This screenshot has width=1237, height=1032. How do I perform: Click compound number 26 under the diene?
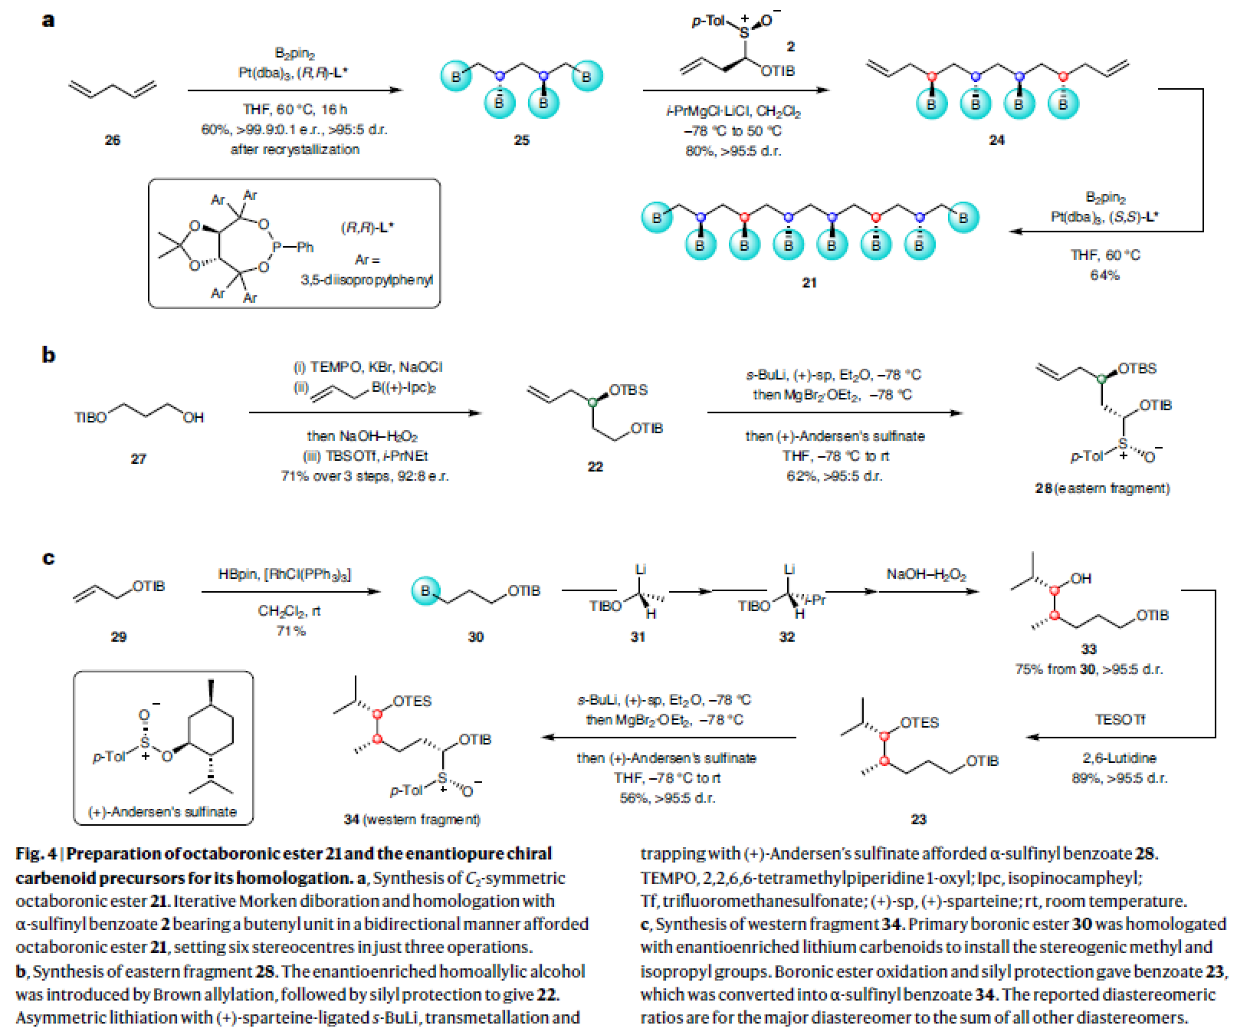point(113,140)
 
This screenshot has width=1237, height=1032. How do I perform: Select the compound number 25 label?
point(522,140)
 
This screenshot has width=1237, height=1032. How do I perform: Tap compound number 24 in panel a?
point(996,140)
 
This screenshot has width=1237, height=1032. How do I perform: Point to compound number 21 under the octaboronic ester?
point(809,283)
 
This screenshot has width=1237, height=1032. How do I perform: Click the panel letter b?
point(48,355)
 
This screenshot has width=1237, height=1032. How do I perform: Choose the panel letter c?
point(48,557)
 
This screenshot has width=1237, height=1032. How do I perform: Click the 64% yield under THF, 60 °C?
point(1104,275)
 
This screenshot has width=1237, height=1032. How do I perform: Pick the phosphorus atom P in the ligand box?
point(278,247)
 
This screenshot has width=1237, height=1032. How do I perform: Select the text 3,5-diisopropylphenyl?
point(367,281)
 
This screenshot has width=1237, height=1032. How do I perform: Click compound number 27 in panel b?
point(138,459)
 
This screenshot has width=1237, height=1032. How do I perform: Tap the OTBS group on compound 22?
point(628,390)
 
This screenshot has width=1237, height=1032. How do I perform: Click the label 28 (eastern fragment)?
point(1102,488)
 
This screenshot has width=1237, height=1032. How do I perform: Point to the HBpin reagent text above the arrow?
point(237,574)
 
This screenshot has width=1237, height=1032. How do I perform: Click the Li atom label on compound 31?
point(641,569)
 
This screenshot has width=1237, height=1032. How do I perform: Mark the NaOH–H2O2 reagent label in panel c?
point(926,574)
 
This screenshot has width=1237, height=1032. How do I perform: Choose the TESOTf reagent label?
point(1120,720)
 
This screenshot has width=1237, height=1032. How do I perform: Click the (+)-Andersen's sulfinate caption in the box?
point(162,811)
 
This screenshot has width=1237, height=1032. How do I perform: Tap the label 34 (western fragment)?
point(412,820)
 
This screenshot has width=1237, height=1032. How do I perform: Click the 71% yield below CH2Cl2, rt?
point(290,631)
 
